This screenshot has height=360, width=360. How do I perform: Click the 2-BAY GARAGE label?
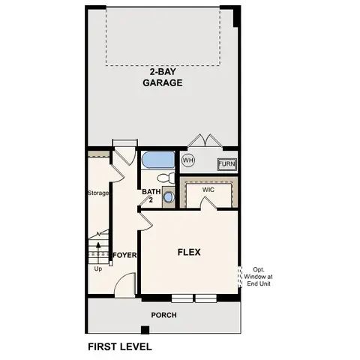(x=163, y=78)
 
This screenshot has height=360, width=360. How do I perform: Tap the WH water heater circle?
(x=188, y=160)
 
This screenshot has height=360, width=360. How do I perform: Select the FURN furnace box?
(x=226, y=164)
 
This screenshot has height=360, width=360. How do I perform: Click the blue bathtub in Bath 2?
(x=157, y=160)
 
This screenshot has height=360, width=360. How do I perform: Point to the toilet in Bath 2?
(x=166, y=178)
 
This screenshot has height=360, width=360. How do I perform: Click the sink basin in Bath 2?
(x=168, y=197)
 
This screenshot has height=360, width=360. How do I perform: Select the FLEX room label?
(x=188, y=253)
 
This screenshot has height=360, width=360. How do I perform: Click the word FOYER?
(x=124, y=255)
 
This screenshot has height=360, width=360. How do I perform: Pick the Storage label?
(x=98, y=193)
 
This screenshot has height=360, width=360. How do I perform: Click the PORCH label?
(x=163, y=315)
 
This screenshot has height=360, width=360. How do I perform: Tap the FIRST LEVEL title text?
(x=120, y=346)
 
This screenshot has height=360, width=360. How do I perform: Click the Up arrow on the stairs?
(x=98, y=248)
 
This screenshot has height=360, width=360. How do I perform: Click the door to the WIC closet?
(x=208, y=204)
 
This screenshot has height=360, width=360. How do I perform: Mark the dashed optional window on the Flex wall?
(x=240, y=276)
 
